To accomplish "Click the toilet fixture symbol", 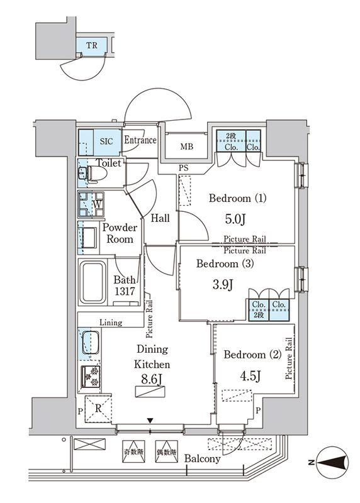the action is (x=93, y=175).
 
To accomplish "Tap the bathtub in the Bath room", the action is (x=93, y=282).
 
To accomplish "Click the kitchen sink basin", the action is (x=90, y=342).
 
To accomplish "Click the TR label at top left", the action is (x=91, y=45).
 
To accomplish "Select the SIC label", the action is (x=106, y=141).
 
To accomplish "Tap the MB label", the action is (x=186, y=146).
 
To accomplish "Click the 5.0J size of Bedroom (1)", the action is (x=235, y=219).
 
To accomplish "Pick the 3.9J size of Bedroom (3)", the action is (x=223, y=284).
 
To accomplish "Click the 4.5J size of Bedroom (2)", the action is (x=250, y=375).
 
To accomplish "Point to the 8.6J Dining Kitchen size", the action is (x=152, y=380).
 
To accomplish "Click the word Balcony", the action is (x=202, y=459).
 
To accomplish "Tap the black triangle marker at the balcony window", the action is (x=150, y=421).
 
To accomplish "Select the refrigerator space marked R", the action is (x=98, y=409).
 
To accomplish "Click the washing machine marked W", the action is (x=91, y=204).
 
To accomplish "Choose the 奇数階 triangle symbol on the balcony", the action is (x=133, y=451).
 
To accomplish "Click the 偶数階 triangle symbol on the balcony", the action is (x=166, y=451).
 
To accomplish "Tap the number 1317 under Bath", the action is (x=125, y=291).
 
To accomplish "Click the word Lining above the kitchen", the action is (x=111, y=322).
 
